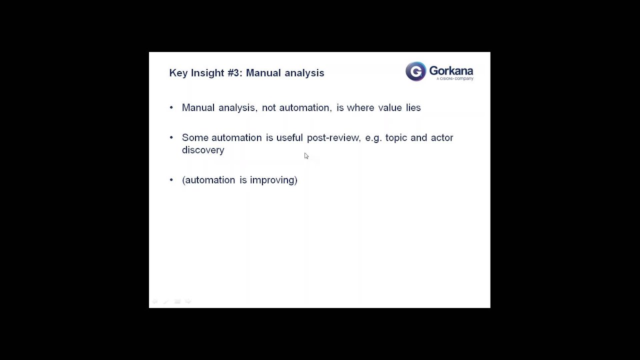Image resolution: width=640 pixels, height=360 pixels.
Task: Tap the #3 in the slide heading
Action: point(234,73)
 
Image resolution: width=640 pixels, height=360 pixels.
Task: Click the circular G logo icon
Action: point(415,71)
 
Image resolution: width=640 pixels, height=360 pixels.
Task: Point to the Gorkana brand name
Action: point(451,70)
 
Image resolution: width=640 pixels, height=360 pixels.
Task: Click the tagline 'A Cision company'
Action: point(454,78)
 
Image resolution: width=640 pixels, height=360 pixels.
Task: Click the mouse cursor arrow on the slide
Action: point(306,156)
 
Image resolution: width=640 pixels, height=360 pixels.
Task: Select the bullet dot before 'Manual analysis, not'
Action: point(171,107)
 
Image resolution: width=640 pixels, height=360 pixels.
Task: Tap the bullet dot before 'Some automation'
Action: point(171,137)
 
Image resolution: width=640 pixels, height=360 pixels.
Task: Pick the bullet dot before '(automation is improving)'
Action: point(171,180)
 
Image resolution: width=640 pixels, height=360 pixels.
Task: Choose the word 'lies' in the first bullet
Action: point(413,107)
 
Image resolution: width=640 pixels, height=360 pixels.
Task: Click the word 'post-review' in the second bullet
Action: point(333,137)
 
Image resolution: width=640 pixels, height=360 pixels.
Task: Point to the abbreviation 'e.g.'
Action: point(373,137)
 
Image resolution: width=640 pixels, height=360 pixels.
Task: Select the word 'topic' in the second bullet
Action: point(396,137)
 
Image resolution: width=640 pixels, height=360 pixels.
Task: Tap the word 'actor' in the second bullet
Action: point(441,137)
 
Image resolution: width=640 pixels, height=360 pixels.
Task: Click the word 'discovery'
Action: point(203,150)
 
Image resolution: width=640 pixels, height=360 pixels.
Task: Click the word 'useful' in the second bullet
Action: point(289,137)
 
